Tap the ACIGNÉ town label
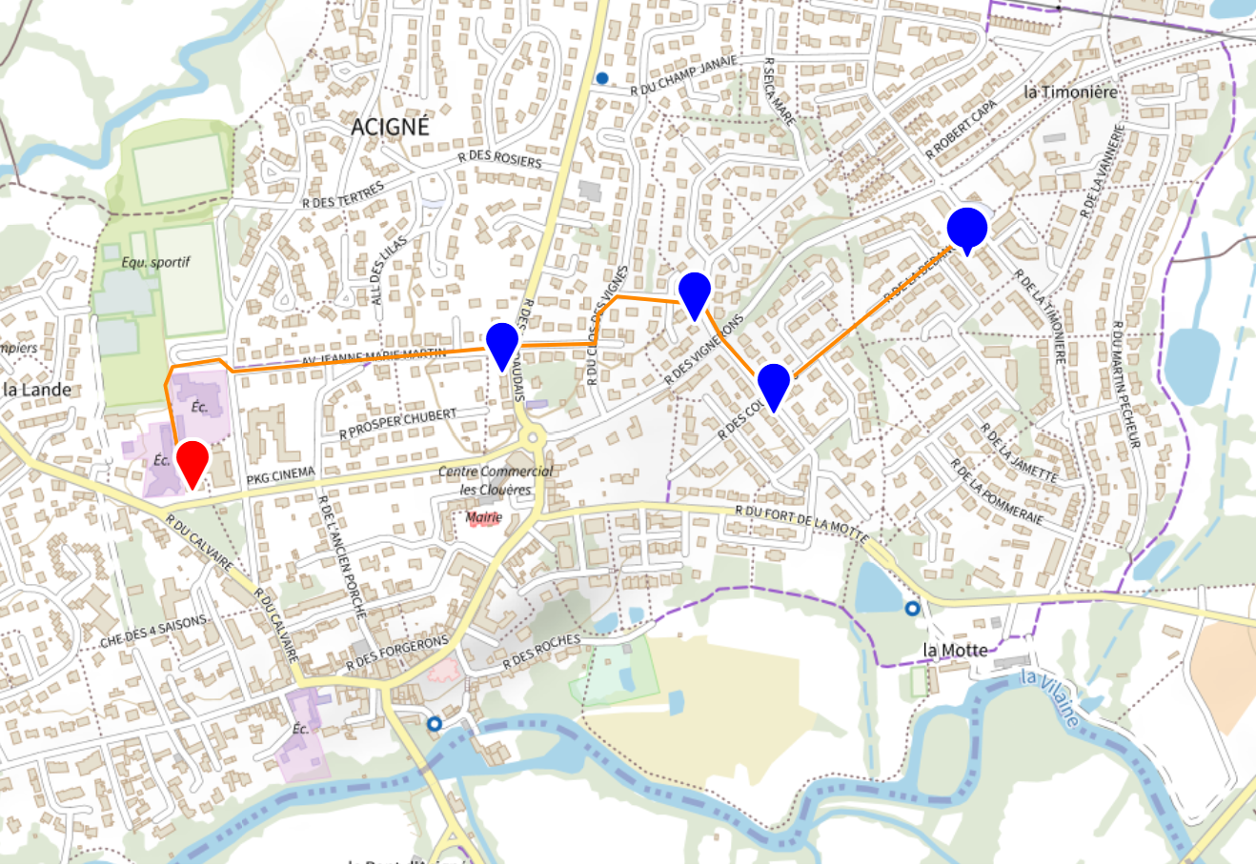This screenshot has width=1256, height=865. pyautogui.click(x=390, y=127)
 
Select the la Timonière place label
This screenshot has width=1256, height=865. pyautogui.click(x=1070, y=92)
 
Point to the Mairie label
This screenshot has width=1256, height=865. pyautogui.click(x=484, y=517)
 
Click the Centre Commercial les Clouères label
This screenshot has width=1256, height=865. pyautogui.click(x=496, y=480)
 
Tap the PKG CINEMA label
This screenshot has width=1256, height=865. pyautogui.click(x=280, y=475)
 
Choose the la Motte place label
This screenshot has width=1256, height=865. pyautogui.click(x=955, y=650)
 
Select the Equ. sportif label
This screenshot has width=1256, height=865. pyautogui.click(x=156, y=261)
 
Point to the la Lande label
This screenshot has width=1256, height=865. pyautogui.click(x=37, y=389)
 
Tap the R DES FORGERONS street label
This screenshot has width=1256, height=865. pyautogui.click(x=396, y=653)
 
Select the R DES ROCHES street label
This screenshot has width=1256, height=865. pyautogui.click(x=540, y=650)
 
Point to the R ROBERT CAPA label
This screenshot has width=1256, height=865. pyautogui.click(x=962, y=129)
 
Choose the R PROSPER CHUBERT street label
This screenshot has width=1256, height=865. pyautogui.click(x=398, y=424)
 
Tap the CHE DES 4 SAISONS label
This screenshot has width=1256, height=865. pyautogui.click(x=153, y=633)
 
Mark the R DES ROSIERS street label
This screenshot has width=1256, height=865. pyautogui.click(x=499, y=159)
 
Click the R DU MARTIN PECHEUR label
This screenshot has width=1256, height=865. pyautogui.click(x=1124, y=385)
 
